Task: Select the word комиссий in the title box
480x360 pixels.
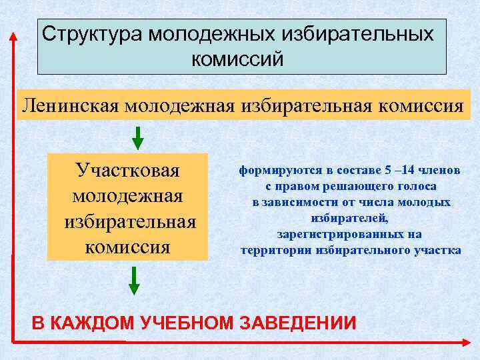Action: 237,59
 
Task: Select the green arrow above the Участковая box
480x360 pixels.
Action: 137,137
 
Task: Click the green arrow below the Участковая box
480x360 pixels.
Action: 134,280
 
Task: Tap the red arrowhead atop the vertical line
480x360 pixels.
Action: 12,37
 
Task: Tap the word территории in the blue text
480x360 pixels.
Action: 273,251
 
